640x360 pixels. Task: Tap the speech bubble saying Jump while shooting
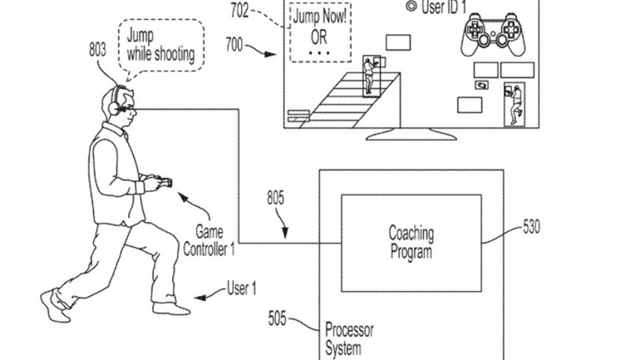tap(161, 44)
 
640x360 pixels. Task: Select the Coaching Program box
tap(411, 243)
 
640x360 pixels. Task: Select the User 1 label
tap(241, 288)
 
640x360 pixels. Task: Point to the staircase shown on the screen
tap(337, 98)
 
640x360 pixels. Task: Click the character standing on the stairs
tap(369, 73)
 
